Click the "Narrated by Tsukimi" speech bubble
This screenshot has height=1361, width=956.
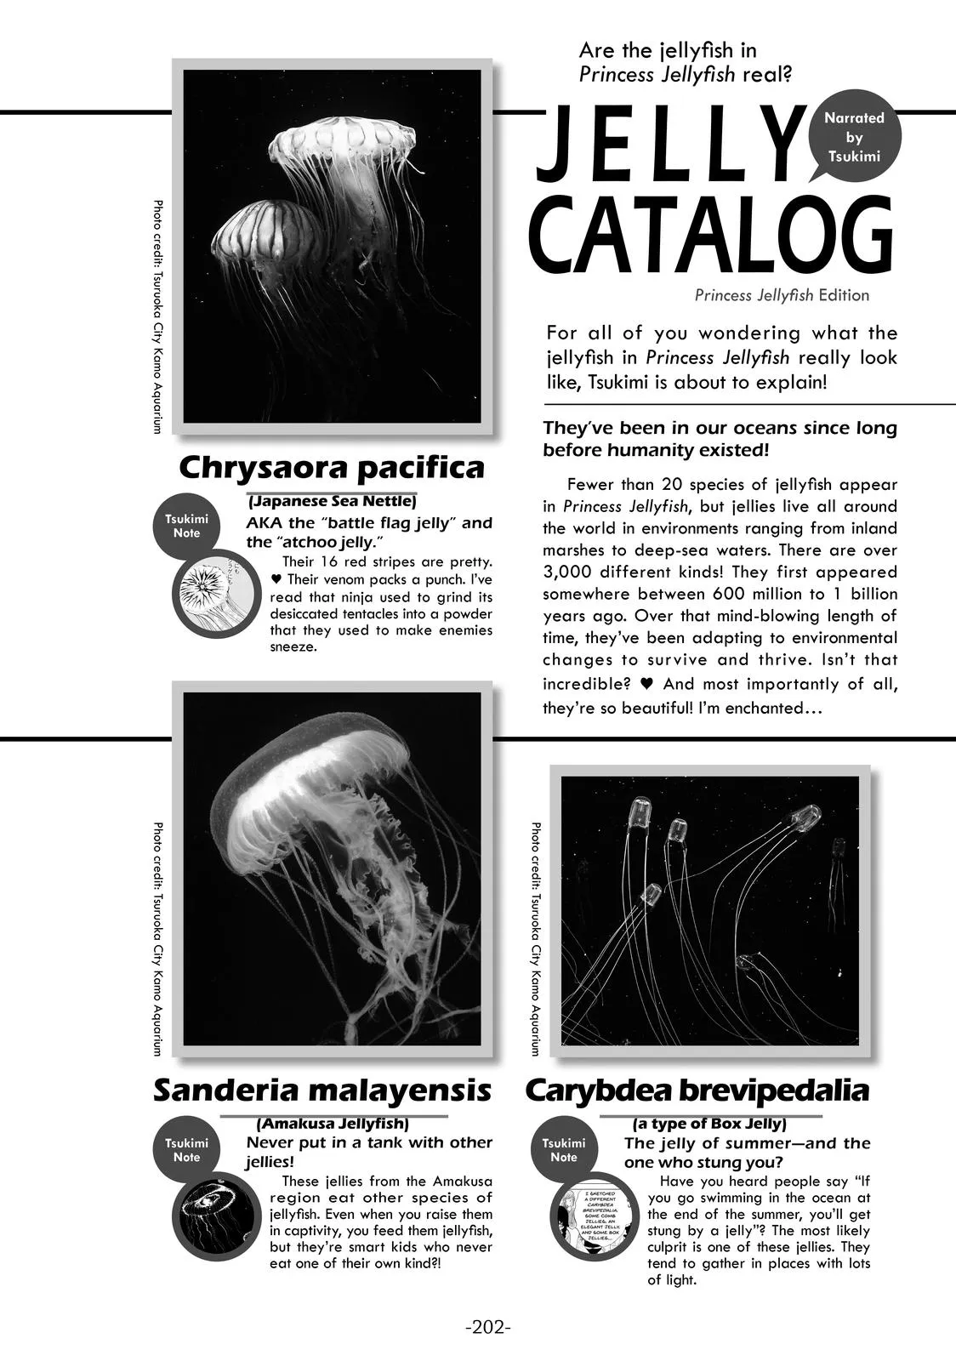tap(853, 138)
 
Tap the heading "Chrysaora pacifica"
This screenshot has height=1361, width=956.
tap(332, 468)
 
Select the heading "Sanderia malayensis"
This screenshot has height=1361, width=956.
tap(322, 1090)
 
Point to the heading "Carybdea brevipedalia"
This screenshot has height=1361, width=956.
tap(697, 1090)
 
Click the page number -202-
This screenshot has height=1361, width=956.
tap(488, 1327)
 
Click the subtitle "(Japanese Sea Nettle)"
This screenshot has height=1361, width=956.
tap(332, 501)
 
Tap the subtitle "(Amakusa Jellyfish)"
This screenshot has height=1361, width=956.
tap(333, 1123)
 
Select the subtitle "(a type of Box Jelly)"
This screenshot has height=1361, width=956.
tap(709, 1123)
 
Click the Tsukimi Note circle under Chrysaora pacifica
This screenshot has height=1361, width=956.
tap(186, 526)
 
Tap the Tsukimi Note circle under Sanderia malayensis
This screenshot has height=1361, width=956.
tap(186, 1150)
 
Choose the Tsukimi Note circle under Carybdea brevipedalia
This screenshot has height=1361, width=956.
tap(563, 1150)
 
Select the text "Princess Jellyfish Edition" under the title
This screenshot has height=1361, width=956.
tap(782, 295)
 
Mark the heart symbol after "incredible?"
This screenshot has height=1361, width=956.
tap(646, 684)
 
